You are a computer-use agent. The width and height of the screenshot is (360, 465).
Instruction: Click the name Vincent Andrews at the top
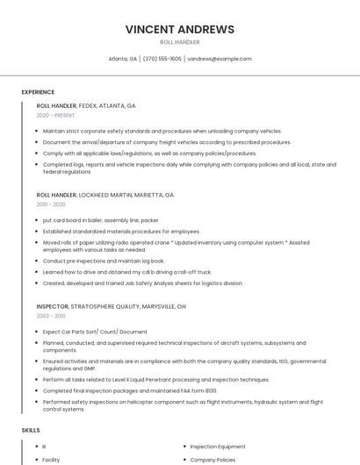(x=180, y=29)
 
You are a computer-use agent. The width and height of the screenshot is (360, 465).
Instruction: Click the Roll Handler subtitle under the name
(x=180, y=42)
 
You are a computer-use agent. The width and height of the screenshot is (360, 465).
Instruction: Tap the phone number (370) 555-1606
(x=162, y=59)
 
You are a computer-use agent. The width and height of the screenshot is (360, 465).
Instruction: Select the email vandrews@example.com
(x=220, y=59)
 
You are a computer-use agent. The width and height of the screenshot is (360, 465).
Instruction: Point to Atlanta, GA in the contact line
(x=123, y=59)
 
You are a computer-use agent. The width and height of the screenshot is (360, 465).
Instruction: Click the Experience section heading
(x=38, y=92)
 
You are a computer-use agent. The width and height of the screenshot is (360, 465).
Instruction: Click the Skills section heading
(x=31, y=430)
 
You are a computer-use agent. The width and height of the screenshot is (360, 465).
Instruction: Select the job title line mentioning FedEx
(x=86, y=105)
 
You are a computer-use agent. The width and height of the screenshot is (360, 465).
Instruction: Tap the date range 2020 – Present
(x=55, y=115)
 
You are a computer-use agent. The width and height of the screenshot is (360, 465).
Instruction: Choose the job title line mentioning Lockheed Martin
(x=105, y=195)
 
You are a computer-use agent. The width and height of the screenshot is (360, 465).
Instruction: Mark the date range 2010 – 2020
(x=51, y=204)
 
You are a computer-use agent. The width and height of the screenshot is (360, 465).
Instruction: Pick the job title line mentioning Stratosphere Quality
(x=111, y=306)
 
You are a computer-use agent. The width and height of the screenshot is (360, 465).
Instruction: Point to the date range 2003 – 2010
(x=51, y=316)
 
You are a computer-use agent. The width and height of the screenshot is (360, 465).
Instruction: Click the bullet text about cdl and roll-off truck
(x=127, y=272)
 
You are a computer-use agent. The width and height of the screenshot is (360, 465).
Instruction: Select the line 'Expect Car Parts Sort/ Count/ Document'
(x=95, y=332)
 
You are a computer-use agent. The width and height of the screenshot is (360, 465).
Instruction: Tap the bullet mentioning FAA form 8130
(x=130, y=390)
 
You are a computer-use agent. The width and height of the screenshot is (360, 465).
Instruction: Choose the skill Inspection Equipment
(x=218, y=447)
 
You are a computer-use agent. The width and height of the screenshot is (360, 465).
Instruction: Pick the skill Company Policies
(x=213, y=459)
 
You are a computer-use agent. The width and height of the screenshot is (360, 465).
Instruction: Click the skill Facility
(x=51, y=459)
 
